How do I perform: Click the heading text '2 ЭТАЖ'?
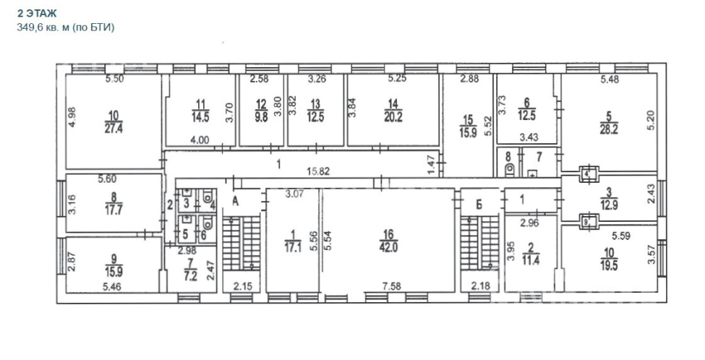(x=38, y=14)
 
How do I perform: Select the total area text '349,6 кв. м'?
(x=43, y=27)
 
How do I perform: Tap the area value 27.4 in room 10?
(x=114, y=128)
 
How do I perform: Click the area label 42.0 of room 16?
(x=388, y=247)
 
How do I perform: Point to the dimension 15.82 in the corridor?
(x=318, y=171)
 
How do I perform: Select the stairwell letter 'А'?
(x=235, y=202)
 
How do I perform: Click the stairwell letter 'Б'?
(x=479, y=205)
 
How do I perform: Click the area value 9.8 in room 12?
(x=261, y=117)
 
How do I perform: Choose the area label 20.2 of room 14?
(x=393, y=117)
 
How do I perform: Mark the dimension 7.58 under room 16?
(x=392, y=286)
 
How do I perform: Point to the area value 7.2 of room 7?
(x=191, y=275)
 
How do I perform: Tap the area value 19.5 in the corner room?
(x=608, y=265)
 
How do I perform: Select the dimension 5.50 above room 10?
(x=114, y=79)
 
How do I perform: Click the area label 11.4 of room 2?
(x=531, y=260)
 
